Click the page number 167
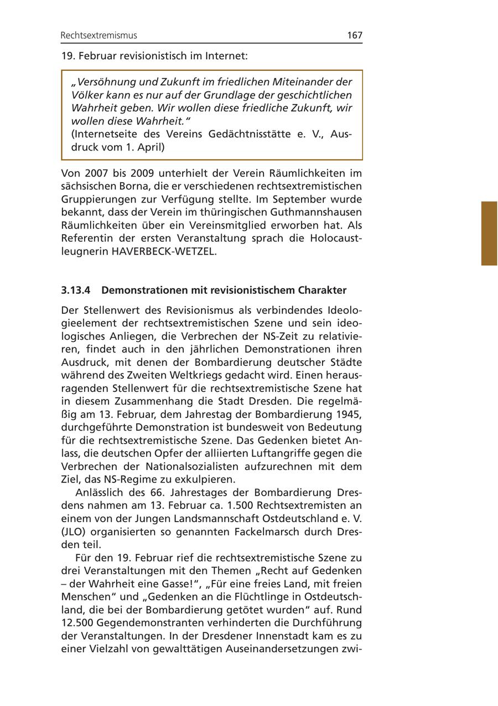point(354,35)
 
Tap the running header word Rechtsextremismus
point(99,35)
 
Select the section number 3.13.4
point(76,290)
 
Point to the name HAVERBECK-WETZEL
point(164,252)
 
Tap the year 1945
point(349,415)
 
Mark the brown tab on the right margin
point(489,233)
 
